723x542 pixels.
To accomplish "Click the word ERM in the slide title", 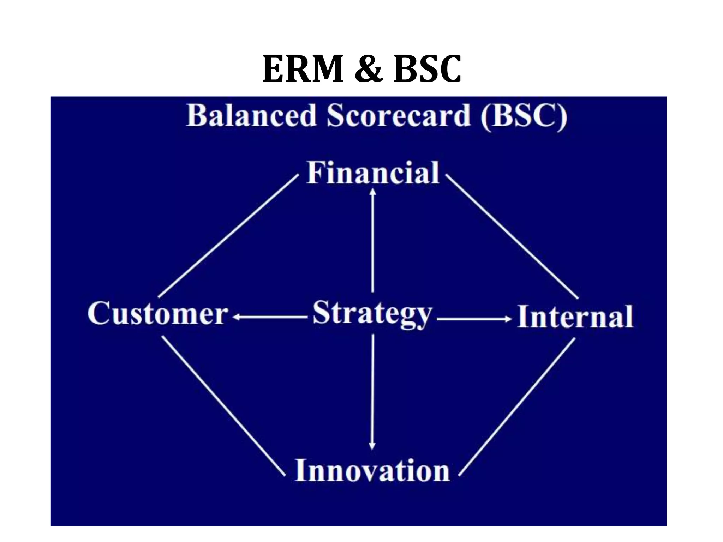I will pos(303,69).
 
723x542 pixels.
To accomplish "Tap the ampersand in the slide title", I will pos(368,69).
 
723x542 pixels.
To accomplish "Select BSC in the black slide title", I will pos(427,69).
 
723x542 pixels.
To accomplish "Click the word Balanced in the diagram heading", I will pos(251,116).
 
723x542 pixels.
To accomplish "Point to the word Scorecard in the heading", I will pos(399,116).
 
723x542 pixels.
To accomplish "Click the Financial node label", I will pos(373,173).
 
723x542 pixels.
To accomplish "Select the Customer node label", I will pos(158,313).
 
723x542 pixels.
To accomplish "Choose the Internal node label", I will pos(575,317).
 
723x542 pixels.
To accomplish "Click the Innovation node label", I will pos(372,470).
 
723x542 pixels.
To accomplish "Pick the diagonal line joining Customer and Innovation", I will pos(223,406).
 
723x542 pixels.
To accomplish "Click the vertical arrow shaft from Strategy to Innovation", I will pos(372,388).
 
